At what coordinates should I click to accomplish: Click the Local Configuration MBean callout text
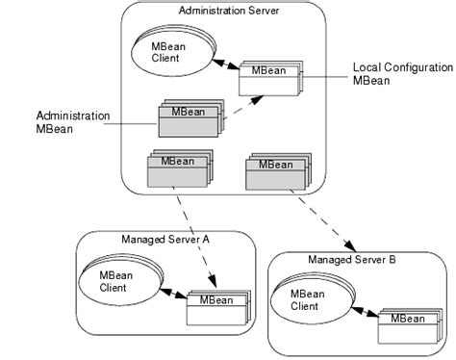pyautogui.click(x=403, y=75)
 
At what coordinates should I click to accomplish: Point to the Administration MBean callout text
pyautogui.click(x=71, y=123)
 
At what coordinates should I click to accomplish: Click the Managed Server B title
pyautogui.click(x=352, y=260)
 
